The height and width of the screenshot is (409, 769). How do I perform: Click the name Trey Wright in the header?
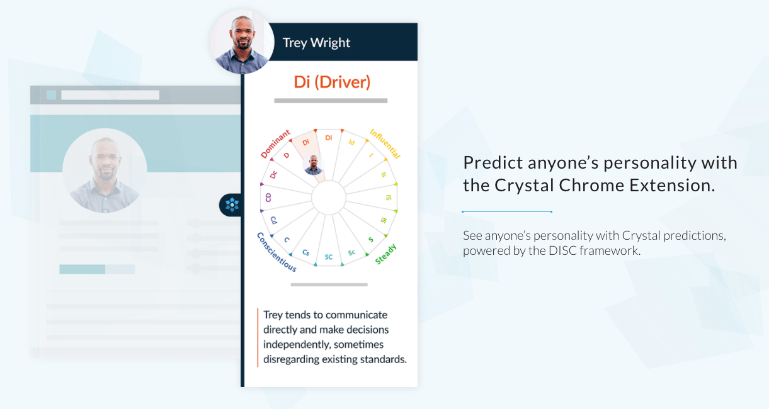pos(316,43)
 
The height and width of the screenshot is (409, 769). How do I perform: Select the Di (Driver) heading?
pos(332,82)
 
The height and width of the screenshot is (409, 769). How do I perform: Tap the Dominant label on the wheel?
pos(275,143)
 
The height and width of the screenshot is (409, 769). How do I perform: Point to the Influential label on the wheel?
pos(385,143)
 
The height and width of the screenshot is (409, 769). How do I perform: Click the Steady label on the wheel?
pos(385,254)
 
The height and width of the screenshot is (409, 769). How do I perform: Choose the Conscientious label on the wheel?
pos(276,252)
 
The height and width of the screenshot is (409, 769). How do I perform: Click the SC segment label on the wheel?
pos(329,257)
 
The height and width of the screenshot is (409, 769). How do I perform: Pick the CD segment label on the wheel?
pos(268,198)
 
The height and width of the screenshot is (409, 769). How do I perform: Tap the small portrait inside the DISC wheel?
pos(314,165)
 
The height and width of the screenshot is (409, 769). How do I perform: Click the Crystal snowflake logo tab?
pos(232,205)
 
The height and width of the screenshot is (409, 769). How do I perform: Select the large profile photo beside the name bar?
pos(242,42)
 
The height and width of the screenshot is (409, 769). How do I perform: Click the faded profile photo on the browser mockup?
pos(105,171)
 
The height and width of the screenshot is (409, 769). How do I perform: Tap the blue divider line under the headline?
pos(507,211)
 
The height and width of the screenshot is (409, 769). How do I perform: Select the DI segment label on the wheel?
pos(329,138)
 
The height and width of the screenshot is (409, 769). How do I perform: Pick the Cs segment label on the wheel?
pos(306,252)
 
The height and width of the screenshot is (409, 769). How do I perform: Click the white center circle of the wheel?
pos(329,198)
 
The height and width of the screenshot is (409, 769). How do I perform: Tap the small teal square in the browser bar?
pos(51,95)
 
